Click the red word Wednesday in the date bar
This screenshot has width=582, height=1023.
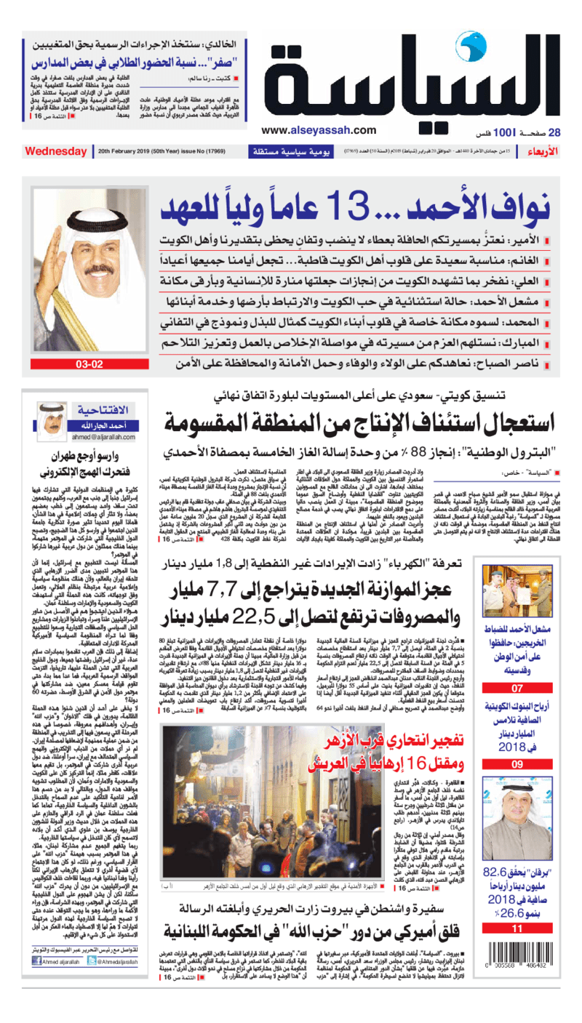coord(55,151)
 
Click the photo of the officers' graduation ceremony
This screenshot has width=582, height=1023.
coord(517,596)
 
